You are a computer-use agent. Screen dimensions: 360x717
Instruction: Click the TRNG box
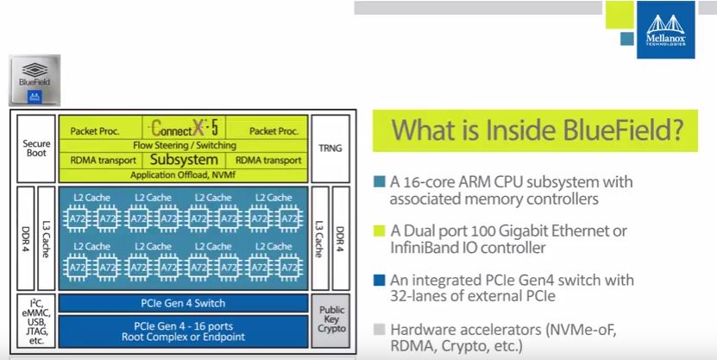click(330, 148)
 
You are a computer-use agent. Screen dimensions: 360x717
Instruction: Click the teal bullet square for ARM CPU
click(381, 181)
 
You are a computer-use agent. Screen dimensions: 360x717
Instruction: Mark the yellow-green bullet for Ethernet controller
click(381, 231)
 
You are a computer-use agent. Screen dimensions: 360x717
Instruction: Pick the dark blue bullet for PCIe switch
click(381, 281)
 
